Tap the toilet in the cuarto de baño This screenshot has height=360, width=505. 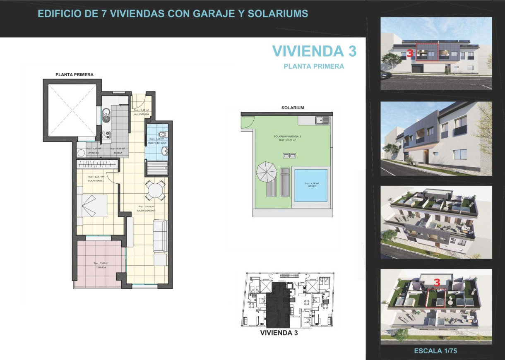coord(164,134)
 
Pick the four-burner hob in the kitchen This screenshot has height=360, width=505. coord(106,134)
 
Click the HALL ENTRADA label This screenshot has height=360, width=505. coord(141,114)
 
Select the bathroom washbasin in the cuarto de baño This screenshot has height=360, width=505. coord(166,151)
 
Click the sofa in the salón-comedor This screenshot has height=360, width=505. coord(160,235)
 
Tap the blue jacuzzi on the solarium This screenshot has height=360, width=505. coord(310,185)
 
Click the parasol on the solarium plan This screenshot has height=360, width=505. coord(267,172)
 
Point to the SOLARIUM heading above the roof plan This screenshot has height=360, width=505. coord(292,108)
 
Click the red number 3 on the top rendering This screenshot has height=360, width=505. coord(410,53)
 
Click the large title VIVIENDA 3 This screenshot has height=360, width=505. coord(314,51)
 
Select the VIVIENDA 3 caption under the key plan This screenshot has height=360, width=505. coord(279,332)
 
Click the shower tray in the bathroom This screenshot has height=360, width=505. coord(156,167)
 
